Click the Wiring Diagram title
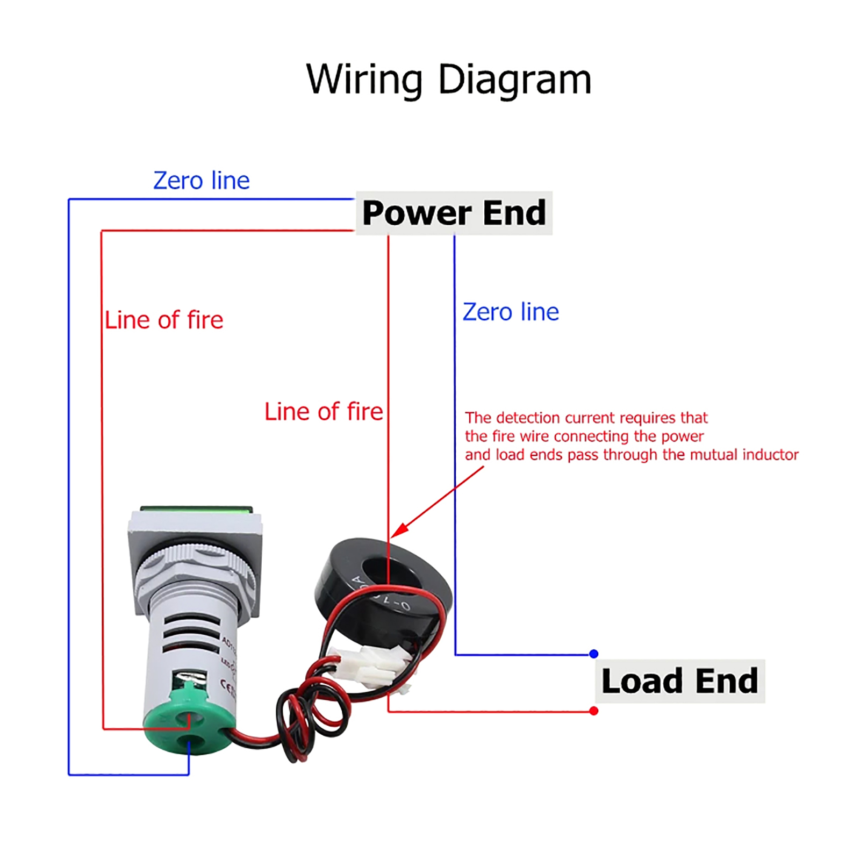[448, 80]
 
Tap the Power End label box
[454, 213]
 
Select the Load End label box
[679, 681]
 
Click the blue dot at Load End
[593, 654]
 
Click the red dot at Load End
[593, 711]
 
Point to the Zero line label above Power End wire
[201, 181]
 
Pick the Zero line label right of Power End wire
[511, 312]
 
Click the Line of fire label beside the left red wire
[164, 320]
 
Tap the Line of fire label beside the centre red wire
[324, 412]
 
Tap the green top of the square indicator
[196, 509]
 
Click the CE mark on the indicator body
[228, 686]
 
